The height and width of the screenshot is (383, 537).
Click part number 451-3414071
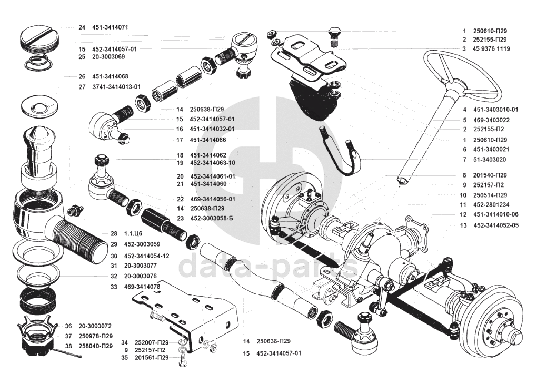click(x=110, y=27)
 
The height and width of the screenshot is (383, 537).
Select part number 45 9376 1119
click(x=491, y=48)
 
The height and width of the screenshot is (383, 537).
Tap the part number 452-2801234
click(x=491, y=205)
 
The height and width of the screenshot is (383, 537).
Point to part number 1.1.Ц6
click(x=126, y=233)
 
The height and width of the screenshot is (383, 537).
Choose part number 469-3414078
click(x=142, y=287)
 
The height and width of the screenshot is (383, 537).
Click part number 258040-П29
click(x=95, y=346)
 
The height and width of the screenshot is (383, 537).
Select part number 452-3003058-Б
click(x=211, y=218)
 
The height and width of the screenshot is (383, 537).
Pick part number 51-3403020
click(x=490, y=159)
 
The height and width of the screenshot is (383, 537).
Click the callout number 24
click(x=82, y=27)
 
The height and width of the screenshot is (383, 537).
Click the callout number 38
click(x=68, y=346)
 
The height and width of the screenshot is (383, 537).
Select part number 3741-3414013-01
click(x=116, y=87)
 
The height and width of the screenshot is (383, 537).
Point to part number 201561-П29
click(x=152, y=358)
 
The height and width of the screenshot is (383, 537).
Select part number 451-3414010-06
click(x=496, y=215)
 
